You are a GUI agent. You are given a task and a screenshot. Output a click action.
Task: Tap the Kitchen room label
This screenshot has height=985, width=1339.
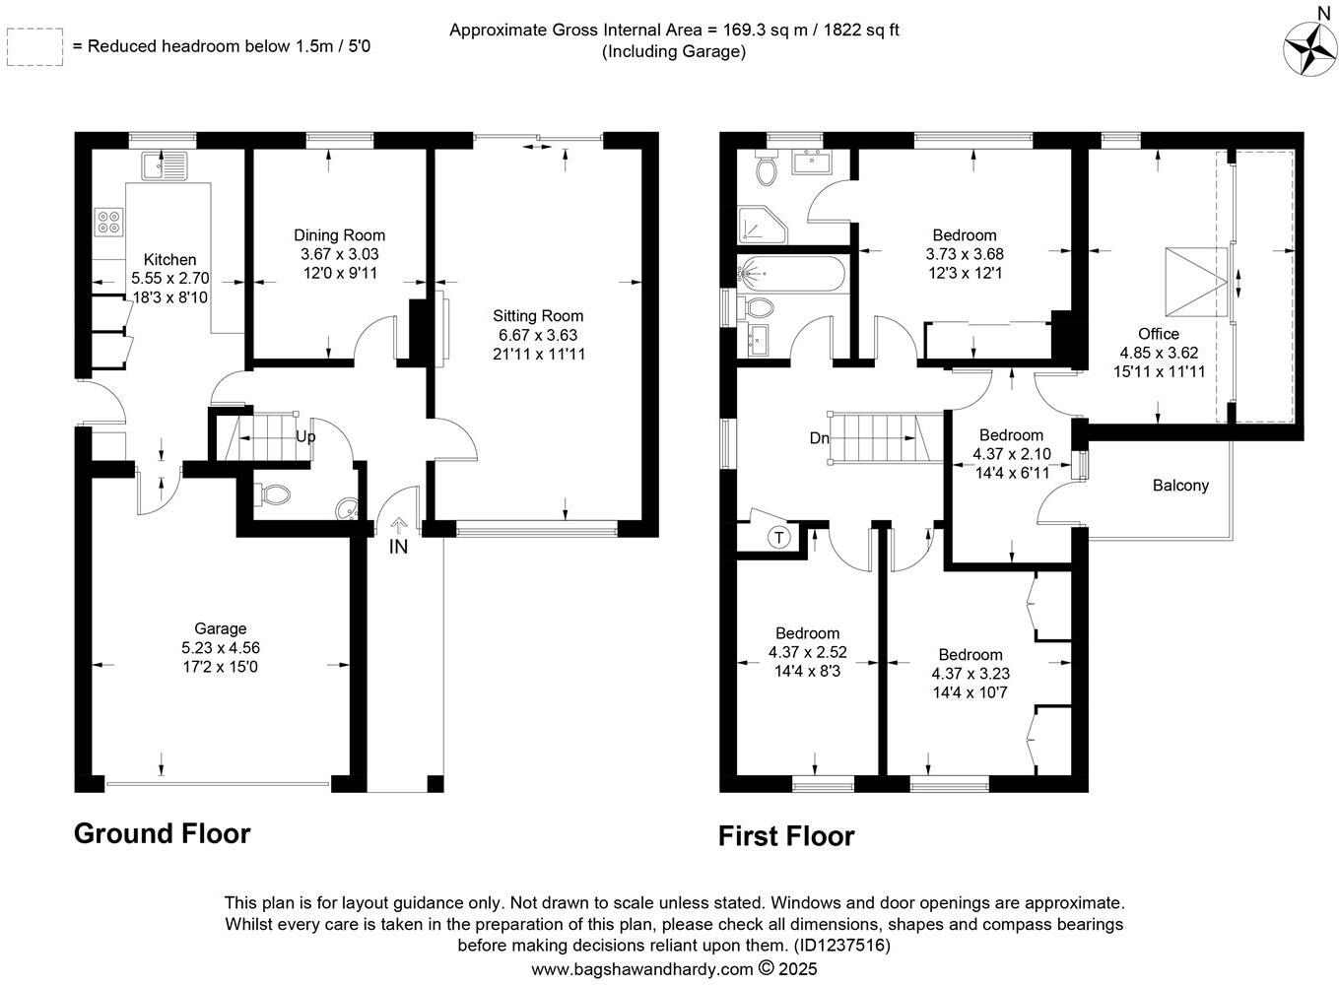(x=169, y=260)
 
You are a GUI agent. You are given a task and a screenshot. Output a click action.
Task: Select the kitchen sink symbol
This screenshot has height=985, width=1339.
(x=163, y=165)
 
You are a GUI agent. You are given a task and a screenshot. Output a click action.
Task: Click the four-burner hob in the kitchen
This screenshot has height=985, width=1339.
(x=108, y=223)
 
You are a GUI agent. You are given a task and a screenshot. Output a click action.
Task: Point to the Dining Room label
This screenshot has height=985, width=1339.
(x=339, y=235)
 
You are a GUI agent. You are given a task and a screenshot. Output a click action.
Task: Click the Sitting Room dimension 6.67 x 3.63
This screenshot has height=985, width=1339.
(x=538, y=335)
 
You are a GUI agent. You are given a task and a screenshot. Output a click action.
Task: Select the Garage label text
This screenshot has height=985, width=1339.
(x=220, y=628)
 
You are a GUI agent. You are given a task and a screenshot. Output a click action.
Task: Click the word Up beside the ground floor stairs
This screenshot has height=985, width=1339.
(x=305, y=435)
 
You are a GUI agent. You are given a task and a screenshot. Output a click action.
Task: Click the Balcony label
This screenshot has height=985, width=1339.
(x=1180, y=485)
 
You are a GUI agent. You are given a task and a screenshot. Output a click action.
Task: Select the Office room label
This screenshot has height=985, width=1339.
(x=1158, y=334)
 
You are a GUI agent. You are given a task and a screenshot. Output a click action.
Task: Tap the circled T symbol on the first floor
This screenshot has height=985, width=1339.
(x=779, y=538)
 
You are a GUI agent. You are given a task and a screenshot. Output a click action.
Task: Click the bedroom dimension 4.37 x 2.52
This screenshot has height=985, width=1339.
(x=807, y=652)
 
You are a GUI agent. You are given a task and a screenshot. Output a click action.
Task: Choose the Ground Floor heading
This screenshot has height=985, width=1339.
(x=163, y=834)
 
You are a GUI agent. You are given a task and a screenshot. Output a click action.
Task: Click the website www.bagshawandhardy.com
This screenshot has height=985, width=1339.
(x=641, y=969)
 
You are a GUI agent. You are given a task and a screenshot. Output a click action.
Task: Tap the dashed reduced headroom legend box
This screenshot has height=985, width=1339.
(x=34, y=46)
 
